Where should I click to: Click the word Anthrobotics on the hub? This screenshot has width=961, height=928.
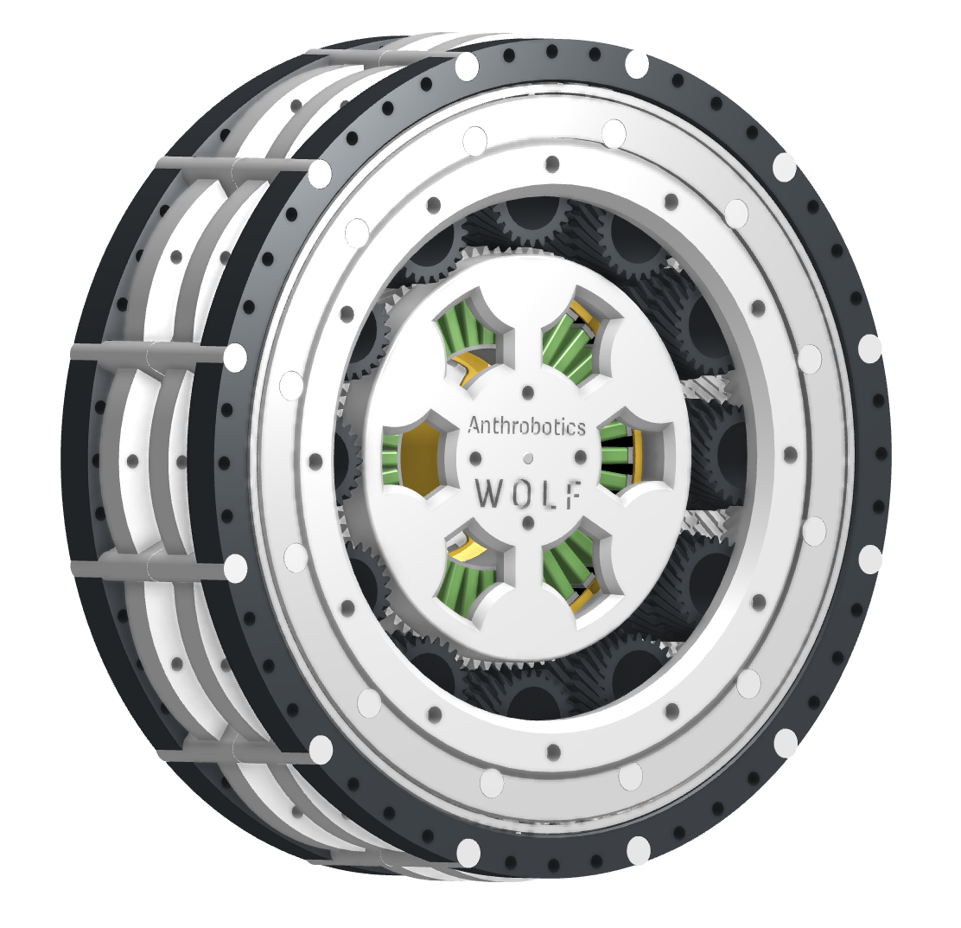526,426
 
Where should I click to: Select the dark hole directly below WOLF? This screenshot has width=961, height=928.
526,522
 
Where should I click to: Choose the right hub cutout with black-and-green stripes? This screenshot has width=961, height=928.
624,455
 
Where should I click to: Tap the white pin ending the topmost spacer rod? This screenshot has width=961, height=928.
467,66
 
